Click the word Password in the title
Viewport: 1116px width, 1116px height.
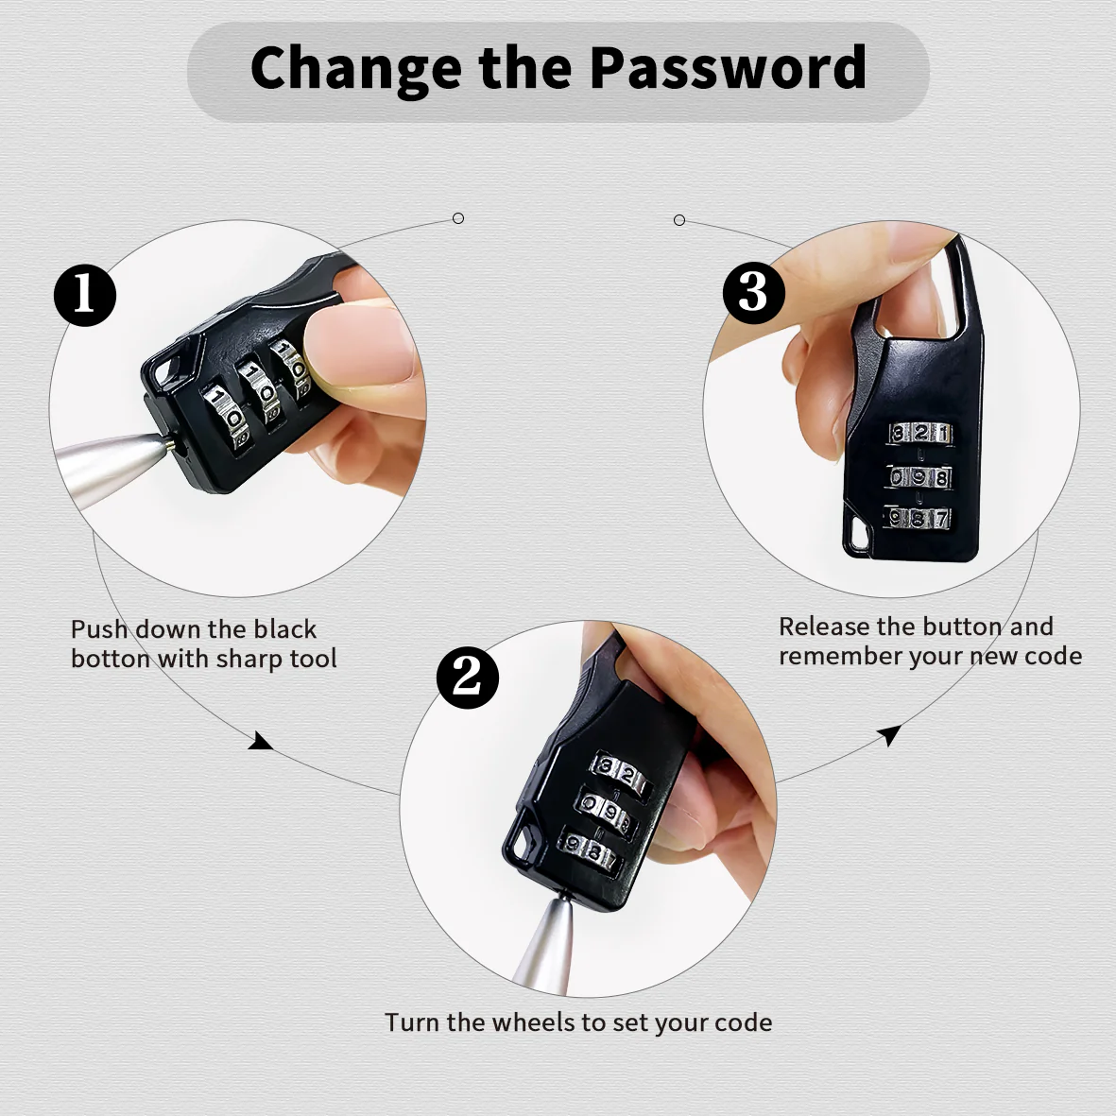click(729, 67)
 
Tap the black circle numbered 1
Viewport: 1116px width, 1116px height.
click(85, 296)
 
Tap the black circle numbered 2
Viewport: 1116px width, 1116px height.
click(468, 677)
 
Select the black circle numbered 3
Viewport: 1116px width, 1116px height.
click(753, 293)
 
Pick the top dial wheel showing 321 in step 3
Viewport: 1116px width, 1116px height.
click(919, 433)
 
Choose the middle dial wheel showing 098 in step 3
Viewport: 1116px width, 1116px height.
click(919, 477)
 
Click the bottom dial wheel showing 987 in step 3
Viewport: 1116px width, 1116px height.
click(919, 518)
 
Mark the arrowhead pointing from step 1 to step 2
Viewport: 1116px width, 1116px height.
click(261, 742)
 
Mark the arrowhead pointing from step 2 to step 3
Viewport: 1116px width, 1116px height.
click(889, 734)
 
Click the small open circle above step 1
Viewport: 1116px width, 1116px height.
click(458, 218)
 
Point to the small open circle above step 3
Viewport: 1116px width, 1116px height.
click(679, 220)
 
